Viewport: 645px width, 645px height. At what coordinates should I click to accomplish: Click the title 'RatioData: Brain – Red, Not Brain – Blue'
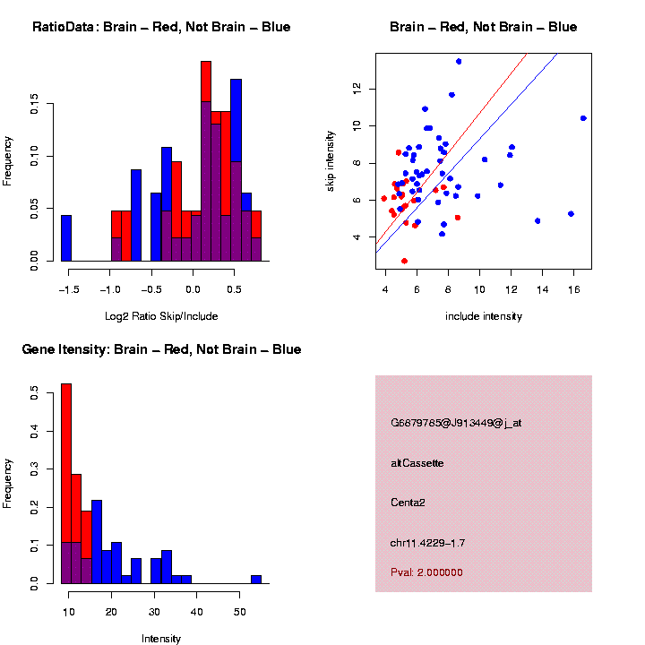pyautogui.click(x=161, y=27)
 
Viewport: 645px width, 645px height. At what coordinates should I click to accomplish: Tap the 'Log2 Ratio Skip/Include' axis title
pyautogui.click(x=161, y=316)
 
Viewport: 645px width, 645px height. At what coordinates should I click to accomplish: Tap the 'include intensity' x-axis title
pyautogui.click(x=484, y=316)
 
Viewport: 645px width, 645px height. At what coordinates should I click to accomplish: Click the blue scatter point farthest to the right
pyautogui.click(x=583, y=118)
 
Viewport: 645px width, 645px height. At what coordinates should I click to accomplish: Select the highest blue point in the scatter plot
pyautogui.click(x=459, y=61)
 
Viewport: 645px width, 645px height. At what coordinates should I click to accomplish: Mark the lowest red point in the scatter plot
pyautogui.click(x=405, y=261)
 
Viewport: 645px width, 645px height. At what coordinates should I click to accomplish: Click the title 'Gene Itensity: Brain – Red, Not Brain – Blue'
pyautogui.click(x=161, y=349)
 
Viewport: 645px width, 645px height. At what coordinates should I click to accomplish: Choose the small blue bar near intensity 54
pyautogui.click(x=256, y=579)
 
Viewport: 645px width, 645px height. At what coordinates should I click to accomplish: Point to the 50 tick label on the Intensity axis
pyautogui.click(x=239, y=611)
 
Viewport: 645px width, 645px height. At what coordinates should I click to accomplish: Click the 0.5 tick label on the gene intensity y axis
pyautogui.click(x=34, y=391)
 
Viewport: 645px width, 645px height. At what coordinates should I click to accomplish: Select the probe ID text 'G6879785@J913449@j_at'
pyautogui.click(x=456, y=423)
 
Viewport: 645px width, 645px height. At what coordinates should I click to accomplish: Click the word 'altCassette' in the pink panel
pyautogui.click(x=417, y=463)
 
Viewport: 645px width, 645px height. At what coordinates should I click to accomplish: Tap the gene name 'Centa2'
pyautogui.click(x=408, y=503)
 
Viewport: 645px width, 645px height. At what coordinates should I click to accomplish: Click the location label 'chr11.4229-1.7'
pyautogui.click(x=427, y=543)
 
